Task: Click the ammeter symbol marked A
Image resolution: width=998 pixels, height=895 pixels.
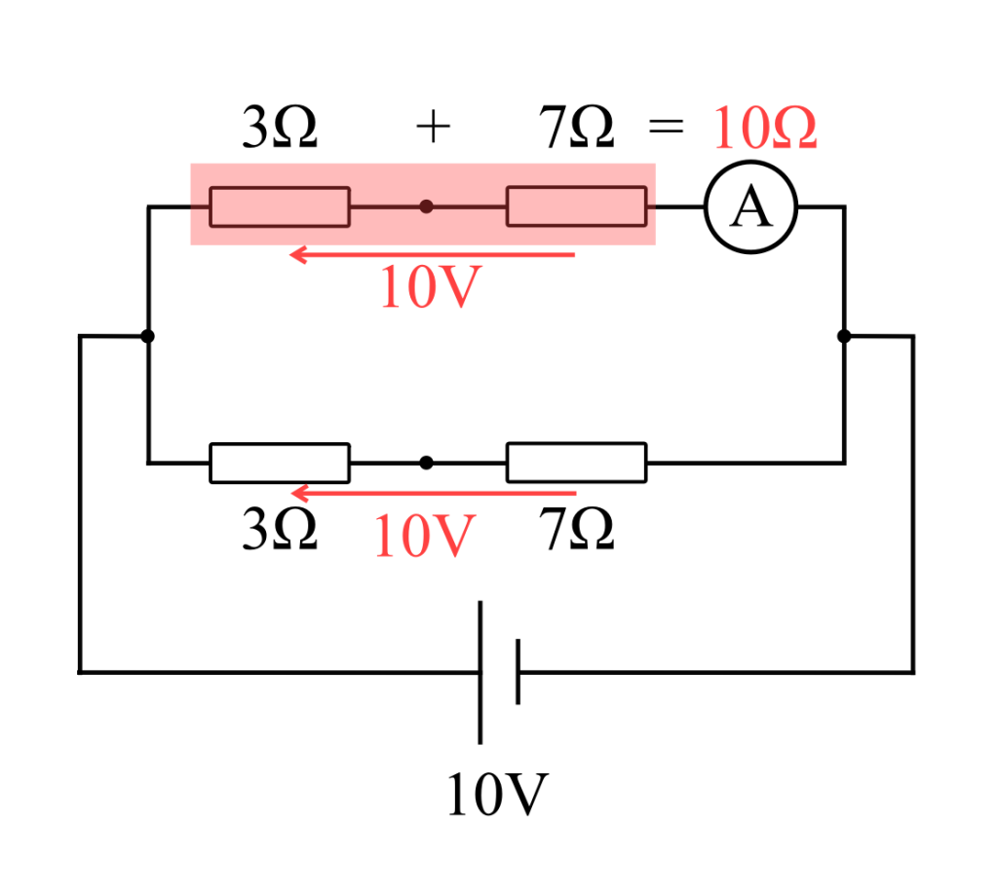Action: coord(750,207)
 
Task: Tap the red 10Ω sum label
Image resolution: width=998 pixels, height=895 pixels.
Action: coord(764,130)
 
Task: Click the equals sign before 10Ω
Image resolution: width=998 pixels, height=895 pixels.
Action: coord(667,130)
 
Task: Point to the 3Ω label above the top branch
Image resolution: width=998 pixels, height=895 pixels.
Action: coord(280,130)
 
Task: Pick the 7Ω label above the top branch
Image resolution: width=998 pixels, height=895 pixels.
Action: coord(577,130)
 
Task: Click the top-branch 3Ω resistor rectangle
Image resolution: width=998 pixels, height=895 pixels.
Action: coord(280,206)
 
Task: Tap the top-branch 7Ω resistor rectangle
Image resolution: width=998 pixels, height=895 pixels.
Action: coord(576,206)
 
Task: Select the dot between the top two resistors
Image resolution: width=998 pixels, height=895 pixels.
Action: coord(426,206)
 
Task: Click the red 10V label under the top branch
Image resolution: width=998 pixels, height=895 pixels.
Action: coord(431,288)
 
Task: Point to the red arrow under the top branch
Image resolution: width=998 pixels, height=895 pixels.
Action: coord(434,255)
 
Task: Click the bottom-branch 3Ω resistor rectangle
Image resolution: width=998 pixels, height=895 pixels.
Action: coord(280,463)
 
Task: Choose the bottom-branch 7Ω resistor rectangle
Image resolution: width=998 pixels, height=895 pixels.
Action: coord(576,463)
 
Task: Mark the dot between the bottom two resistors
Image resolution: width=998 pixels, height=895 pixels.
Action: coord(426,463)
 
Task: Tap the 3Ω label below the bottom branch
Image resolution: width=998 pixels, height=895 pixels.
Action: coord(280,531)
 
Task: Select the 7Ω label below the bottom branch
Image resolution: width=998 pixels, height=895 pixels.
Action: coord(577,531)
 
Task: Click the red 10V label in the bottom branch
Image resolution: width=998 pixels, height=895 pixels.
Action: coord(424,537)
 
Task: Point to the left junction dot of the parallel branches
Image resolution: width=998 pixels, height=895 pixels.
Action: coord(147,336)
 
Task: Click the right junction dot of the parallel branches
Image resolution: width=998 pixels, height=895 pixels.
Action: coord(844,336)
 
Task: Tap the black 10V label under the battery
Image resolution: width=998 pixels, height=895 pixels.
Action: coord(497,795)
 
